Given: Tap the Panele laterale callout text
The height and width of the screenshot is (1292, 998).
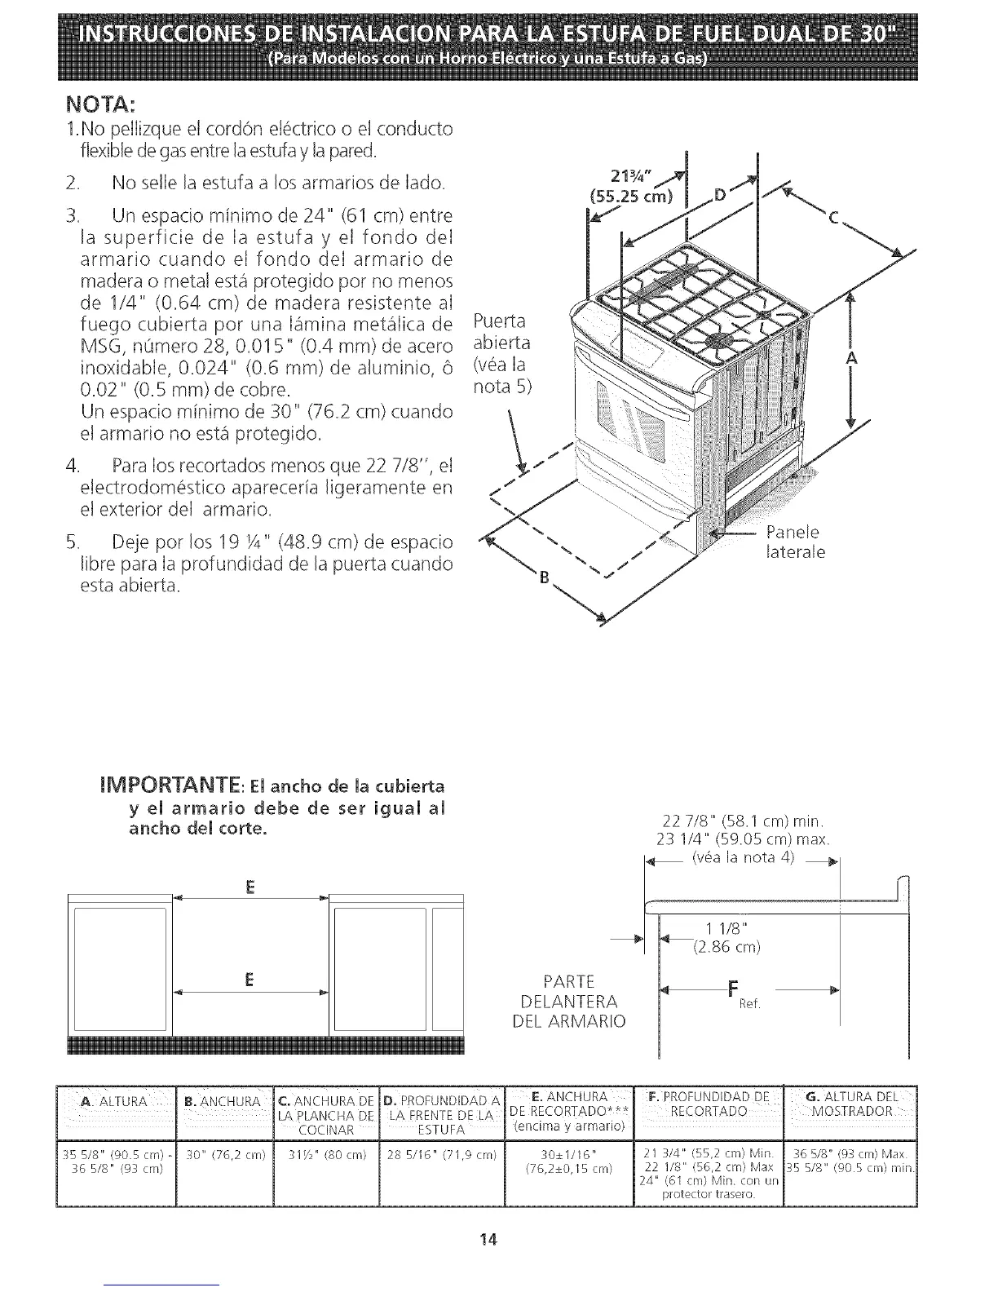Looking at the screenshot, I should [796, 542].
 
